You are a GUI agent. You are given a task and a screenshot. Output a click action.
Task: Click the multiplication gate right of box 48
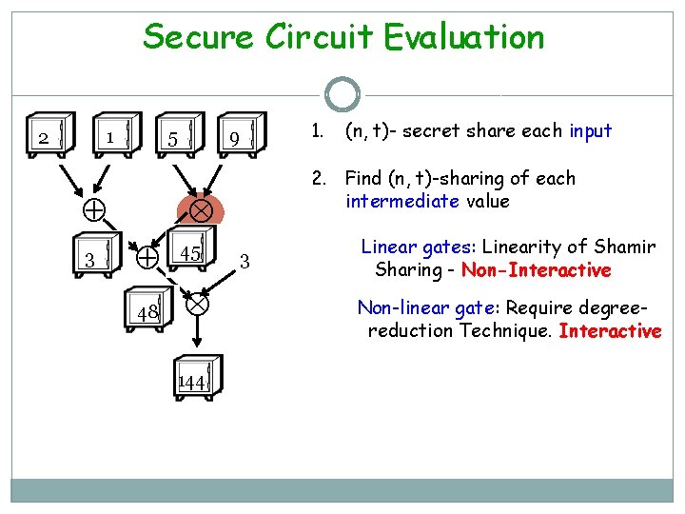(197, 305)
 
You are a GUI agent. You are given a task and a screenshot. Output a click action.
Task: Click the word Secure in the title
(199, 38)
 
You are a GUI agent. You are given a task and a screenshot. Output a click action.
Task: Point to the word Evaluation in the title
(464, 38)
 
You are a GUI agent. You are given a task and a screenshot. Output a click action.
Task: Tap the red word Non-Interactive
(536, 270)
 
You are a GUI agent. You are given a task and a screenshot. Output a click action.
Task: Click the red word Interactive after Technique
(610, 331)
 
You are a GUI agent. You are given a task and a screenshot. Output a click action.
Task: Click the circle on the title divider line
(342, 94)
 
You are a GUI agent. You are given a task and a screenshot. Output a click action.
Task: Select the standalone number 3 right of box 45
(245, 260)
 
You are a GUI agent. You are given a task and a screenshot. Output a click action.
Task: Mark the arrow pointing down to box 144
(198, 333)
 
